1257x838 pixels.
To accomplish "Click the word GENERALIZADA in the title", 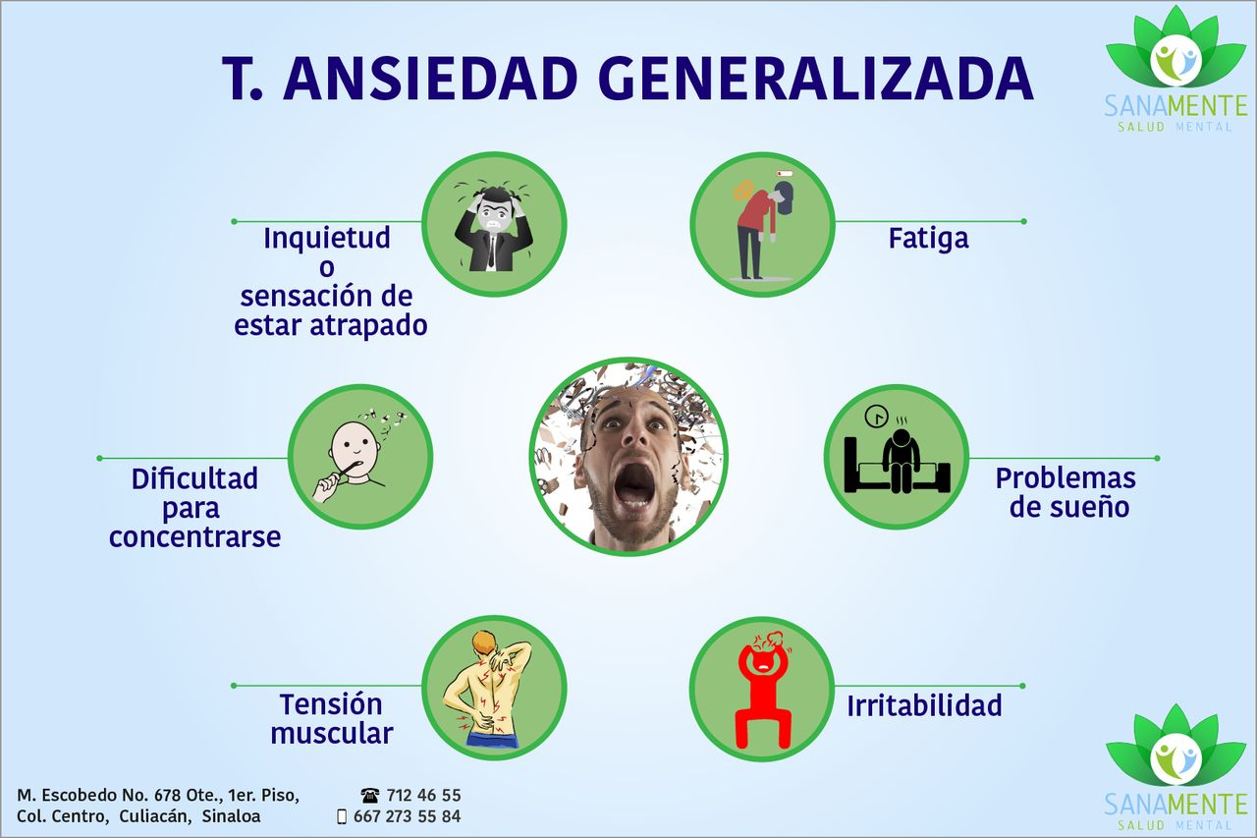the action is pos(819,79).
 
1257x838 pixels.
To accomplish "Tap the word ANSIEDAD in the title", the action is pos(430,79).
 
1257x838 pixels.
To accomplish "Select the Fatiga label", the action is pos(928,238).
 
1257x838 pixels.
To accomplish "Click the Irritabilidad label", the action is pos(924,705).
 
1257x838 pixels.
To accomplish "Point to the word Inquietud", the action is pos(327,238).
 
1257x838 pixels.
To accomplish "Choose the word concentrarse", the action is pos(194,537).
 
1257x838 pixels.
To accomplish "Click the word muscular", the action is pos(332,734).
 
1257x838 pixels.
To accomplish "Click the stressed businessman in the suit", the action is pos(494,226).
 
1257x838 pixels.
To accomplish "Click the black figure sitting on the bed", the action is pos(901,460).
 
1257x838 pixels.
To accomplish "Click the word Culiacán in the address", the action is pos(155,816).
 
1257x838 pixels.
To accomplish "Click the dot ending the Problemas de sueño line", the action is pos(1157,459).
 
